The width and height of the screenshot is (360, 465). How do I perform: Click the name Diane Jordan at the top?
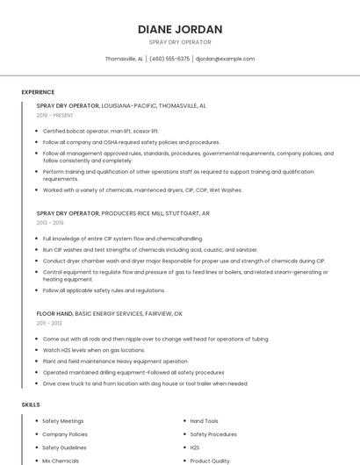(x=180, y=29)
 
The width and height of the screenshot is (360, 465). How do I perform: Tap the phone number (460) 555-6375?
(x=169, y=59)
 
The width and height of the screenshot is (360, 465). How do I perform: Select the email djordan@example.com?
(x=225, y=59)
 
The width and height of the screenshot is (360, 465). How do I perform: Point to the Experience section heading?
(x=38, y=92)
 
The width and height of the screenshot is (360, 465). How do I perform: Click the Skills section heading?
(x=31, y=404)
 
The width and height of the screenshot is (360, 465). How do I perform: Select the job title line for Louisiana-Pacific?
(x=121, y=105)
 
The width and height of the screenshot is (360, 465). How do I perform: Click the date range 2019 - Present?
(x=55, y=115)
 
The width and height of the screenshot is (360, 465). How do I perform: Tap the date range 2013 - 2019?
(x=50, y=223)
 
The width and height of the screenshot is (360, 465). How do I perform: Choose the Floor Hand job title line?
(x=110, y=313)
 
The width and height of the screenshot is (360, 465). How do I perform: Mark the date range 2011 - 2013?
(x=49, y=323)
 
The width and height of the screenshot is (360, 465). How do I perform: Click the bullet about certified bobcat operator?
(x=101, y=131)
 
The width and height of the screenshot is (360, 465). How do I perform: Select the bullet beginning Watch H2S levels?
(x=95, y=350)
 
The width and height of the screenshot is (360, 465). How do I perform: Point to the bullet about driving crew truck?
(x=145, y=383)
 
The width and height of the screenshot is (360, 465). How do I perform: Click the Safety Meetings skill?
(x=63, y=421)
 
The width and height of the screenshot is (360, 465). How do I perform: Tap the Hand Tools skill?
(x=205, y=421)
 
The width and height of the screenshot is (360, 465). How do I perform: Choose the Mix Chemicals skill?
(x=61, y=461)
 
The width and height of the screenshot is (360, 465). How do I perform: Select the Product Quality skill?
(x=210, y=461)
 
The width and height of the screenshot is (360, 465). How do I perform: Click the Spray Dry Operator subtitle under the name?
(x=180, y=41)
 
